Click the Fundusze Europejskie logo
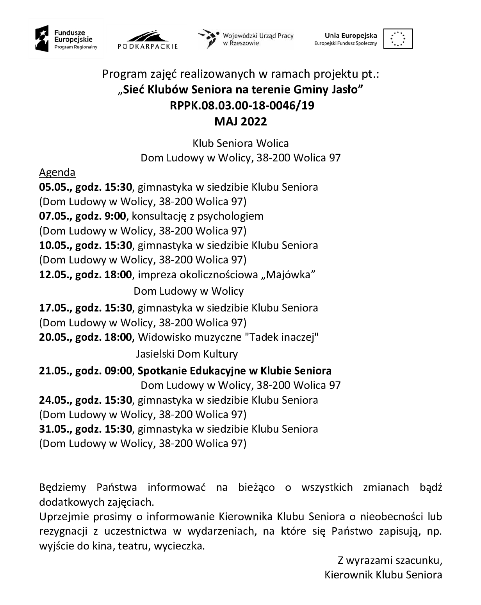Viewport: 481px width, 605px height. click(65, 39)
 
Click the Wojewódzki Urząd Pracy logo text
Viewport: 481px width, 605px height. click(258, 39)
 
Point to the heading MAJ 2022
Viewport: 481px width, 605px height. click(241, 122)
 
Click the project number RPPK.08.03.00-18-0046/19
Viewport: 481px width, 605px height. click(242, 106)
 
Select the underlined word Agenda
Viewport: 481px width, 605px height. click(57, 172)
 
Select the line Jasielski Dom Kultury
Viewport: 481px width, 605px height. click(187, 354)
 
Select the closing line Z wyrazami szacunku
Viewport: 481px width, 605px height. click(390, 560)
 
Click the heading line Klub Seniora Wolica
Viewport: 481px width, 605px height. click(241, 143)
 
